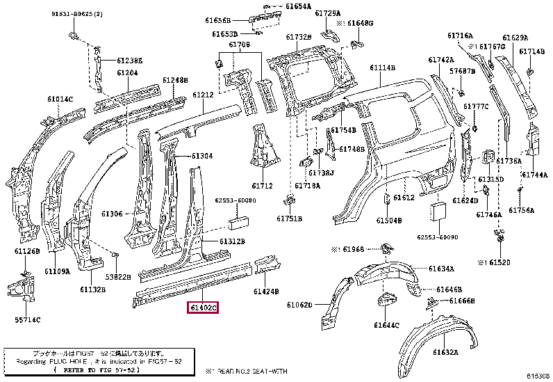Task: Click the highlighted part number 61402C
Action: (201, 307)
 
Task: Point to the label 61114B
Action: (381, 67)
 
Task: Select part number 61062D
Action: (300, 305)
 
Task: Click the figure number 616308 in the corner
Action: (537, 376)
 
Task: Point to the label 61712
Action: (262, 186)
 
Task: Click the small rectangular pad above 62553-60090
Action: (438, 214)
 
